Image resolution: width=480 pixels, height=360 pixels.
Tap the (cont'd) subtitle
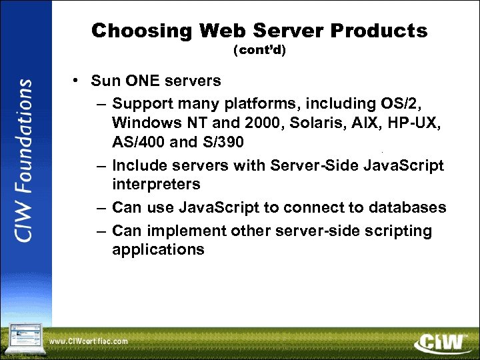pos(259,50)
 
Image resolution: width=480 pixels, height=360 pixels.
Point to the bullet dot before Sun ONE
pos(77,81)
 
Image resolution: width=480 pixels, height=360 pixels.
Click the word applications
pos(158,250)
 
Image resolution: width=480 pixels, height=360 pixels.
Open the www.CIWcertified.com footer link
pos(88,341)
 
